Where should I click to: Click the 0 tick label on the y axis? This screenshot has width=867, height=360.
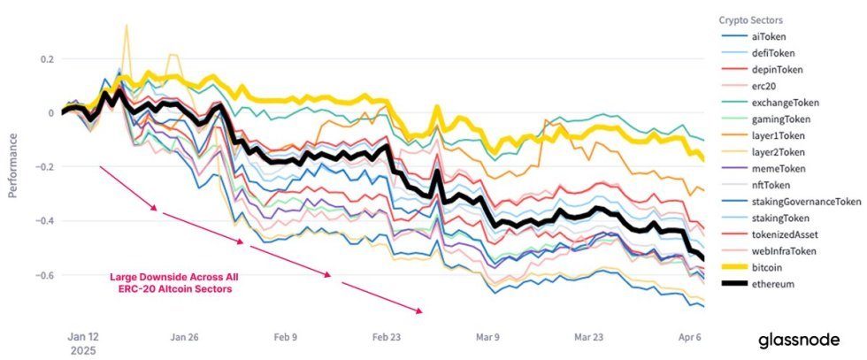[x=50, y=113]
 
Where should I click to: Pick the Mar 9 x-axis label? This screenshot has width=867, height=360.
[x=488, y=337]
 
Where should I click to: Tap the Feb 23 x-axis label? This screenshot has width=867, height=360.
[x=387, y=337]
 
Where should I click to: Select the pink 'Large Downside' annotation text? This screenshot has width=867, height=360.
[x=173, y=284]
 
